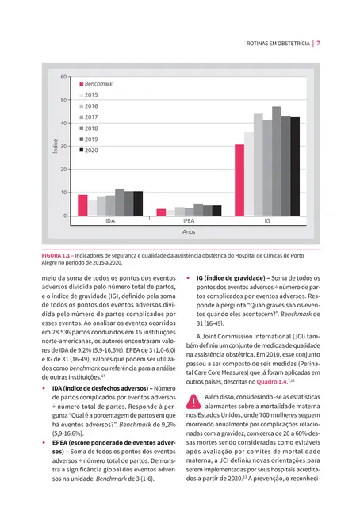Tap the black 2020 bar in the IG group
tap(296, 166)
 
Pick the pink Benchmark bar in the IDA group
tap(82, 205)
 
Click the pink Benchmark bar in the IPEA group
tap(161, 212)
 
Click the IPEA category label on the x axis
tap(189, 223)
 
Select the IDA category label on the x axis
tap(110, 223)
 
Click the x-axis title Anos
tap(189, 234)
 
